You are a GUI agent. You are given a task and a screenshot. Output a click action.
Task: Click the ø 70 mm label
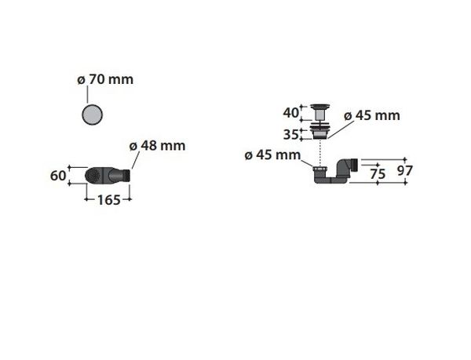pos(105,79)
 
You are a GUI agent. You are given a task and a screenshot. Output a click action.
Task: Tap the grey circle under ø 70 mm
pos(92,115)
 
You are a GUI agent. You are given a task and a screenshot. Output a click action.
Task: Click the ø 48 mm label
pos(157,146)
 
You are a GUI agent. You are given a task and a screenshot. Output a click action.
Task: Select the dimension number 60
pos(58,176)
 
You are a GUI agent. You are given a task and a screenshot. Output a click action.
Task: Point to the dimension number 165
pos(109,200)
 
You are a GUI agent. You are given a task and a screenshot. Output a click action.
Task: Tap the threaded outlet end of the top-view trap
pos(126,175)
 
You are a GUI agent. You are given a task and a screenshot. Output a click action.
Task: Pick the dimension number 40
pos(290,113)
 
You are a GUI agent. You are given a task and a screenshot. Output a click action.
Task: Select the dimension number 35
pos(290,135)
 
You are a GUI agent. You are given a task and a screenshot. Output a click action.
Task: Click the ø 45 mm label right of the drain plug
pos(372,115)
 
